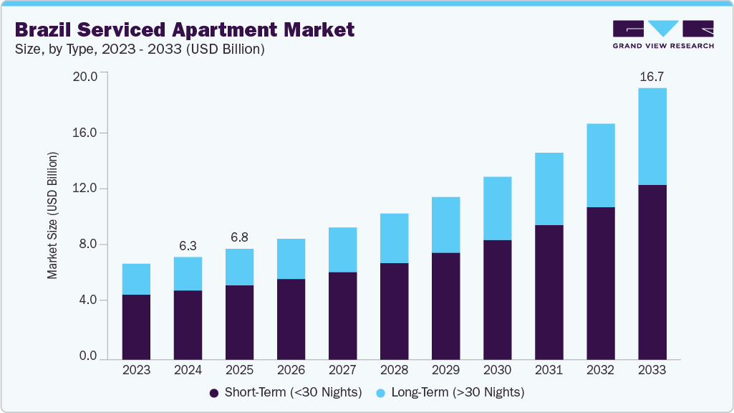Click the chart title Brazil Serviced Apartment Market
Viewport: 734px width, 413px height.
coord(184,29)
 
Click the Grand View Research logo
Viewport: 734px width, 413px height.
coord(663,34)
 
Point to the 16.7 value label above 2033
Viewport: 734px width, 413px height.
coord(652,77)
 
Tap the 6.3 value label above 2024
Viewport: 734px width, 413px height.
coord(188,245)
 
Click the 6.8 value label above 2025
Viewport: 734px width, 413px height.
coord(239,237)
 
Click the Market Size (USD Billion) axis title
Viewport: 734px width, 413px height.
coord(52,216)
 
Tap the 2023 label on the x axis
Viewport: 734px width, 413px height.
coord(136,370)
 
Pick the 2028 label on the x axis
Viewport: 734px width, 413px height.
coord(394,370)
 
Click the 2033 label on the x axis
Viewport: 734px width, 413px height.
coord(652,370)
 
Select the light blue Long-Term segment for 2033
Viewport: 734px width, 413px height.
coord(652,136)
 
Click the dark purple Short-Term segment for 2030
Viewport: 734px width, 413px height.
coord(497,300)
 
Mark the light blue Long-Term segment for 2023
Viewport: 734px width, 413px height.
coord(136,279)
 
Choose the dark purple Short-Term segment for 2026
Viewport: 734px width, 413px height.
coord(291,319)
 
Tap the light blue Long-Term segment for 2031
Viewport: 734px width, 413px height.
coord(549,189)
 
